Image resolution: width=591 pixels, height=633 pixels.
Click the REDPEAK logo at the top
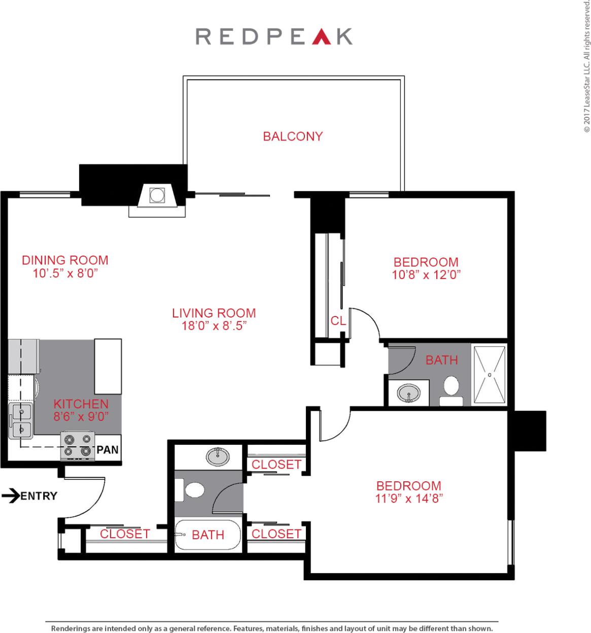(274, 37)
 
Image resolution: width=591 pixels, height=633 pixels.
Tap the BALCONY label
(293, 136)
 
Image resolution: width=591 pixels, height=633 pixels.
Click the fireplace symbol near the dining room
(157, 195)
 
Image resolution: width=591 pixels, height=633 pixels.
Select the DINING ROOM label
(65, 260)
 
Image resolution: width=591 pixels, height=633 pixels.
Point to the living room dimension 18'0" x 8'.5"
(214, 325)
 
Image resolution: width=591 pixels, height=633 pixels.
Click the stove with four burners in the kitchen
(78, 445)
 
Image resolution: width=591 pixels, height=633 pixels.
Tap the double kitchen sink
(20, 420)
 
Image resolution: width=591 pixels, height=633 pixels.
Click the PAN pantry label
(108, 449)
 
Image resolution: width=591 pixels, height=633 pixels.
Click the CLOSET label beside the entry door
(125, 534)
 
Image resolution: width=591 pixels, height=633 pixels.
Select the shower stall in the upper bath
(490, 375)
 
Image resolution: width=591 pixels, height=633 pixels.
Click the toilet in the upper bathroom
(451, 389)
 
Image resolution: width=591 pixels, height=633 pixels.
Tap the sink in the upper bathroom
(408, 393)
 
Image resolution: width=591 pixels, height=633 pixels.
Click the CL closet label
(338, 321)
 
